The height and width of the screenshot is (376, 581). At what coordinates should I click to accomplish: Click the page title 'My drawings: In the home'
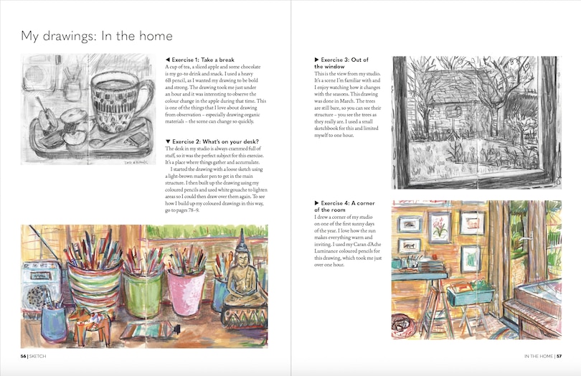[96, 36]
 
